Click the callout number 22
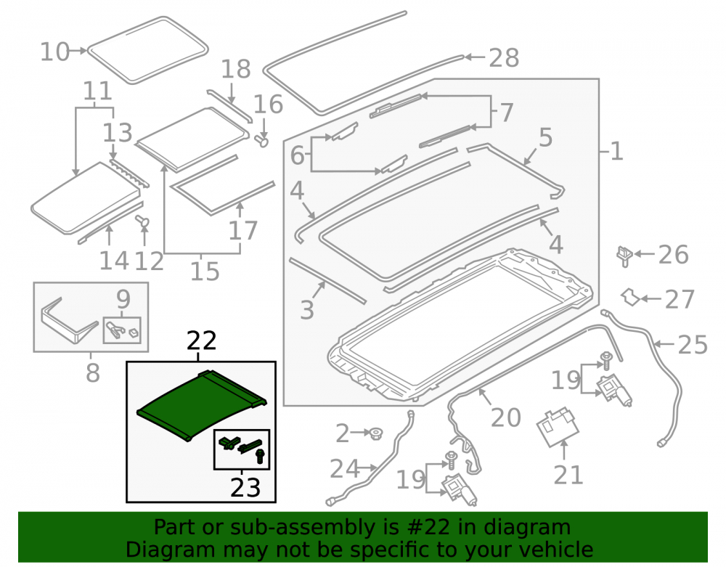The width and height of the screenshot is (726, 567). coord(201,341)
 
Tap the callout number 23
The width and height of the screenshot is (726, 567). coord(245,487)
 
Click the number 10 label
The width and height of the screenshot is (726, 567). coord(54,52)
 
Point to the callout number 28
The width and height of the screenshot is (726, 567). coord(504,58)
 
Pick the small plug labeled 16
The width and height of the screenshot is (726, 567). coord(261,140)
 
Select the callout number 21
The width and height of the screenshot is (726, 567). coord(568,475)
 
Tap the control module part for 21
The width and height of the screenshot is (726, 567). coord(558,427)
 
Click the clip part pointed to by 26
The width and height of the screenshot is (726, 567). coord(624,256)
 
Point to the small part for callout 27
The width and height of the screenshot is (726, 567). coord(629,297)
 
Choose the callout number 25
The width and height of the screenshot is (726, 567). coord(693,344)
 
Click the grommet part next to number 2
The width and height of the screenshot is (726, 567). coord(375,433)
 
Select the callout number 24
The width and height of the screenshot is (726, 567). coord(344,468)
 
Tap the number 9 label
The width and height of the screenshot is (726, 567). coord(123,299)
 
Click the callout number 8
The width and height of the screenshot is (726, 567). coord(93,372)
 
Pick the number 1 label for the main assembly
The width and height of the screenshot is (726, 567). coord(616,151)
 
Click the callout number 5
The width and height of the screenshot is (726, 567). coord(545,137)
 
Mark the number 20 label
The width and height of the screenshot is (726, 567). coord(505,417)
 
